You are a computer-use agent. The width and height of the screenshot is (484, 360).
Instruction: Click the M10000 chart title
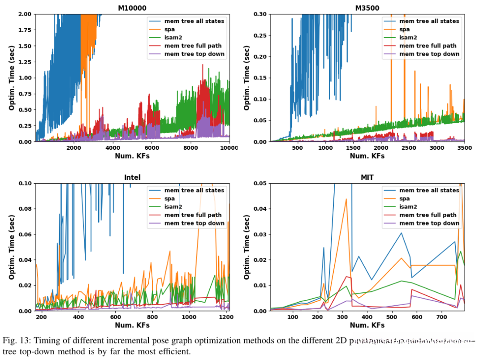tap(133, 8)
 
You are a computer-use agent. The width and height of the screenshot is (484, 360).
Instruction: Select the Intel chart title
tap(132, 178)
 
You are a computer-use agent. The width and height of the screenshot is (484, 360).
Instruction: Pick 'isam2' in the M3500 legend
tap(408, 38)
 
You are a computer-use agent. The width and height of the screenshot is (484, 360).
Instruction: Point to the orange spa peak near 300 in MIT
tap(346, 199)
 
